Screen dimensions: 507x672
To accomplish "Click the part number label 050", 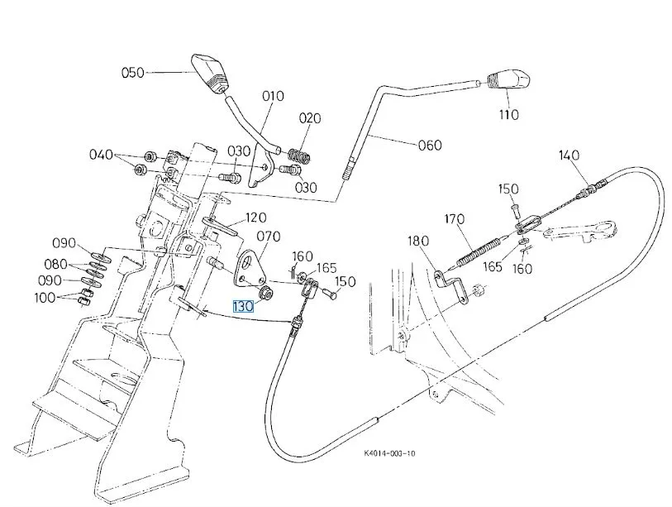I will (133, 73).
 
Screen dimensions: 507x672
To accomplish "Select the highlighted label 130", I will (245, 306).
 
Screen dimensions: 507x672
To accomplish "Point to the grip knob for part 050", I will (208, 69).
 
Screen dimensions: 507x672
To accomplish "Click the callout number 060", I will (429, 145).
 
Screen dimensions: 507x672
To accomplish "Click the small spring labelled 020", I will (298, 155).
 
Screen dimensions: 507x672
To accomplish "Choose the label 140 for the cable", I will (569, 155).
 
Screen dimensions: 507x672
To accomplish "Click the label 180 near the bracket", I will (419, 242).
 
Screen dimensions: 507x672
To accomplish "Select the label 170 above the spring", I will (455, 220).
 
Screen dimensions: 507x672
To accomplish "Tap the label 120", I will (255, 218).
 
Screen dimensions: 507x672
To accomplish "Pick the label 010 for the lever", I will (273, 96).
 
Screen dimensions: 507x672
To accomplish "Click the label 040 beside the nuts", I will (102, 155).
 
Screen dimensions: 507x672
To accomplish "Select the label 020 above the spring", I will (309, 118).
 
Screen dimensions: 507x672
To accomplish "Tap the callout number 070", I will (268, 236).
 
